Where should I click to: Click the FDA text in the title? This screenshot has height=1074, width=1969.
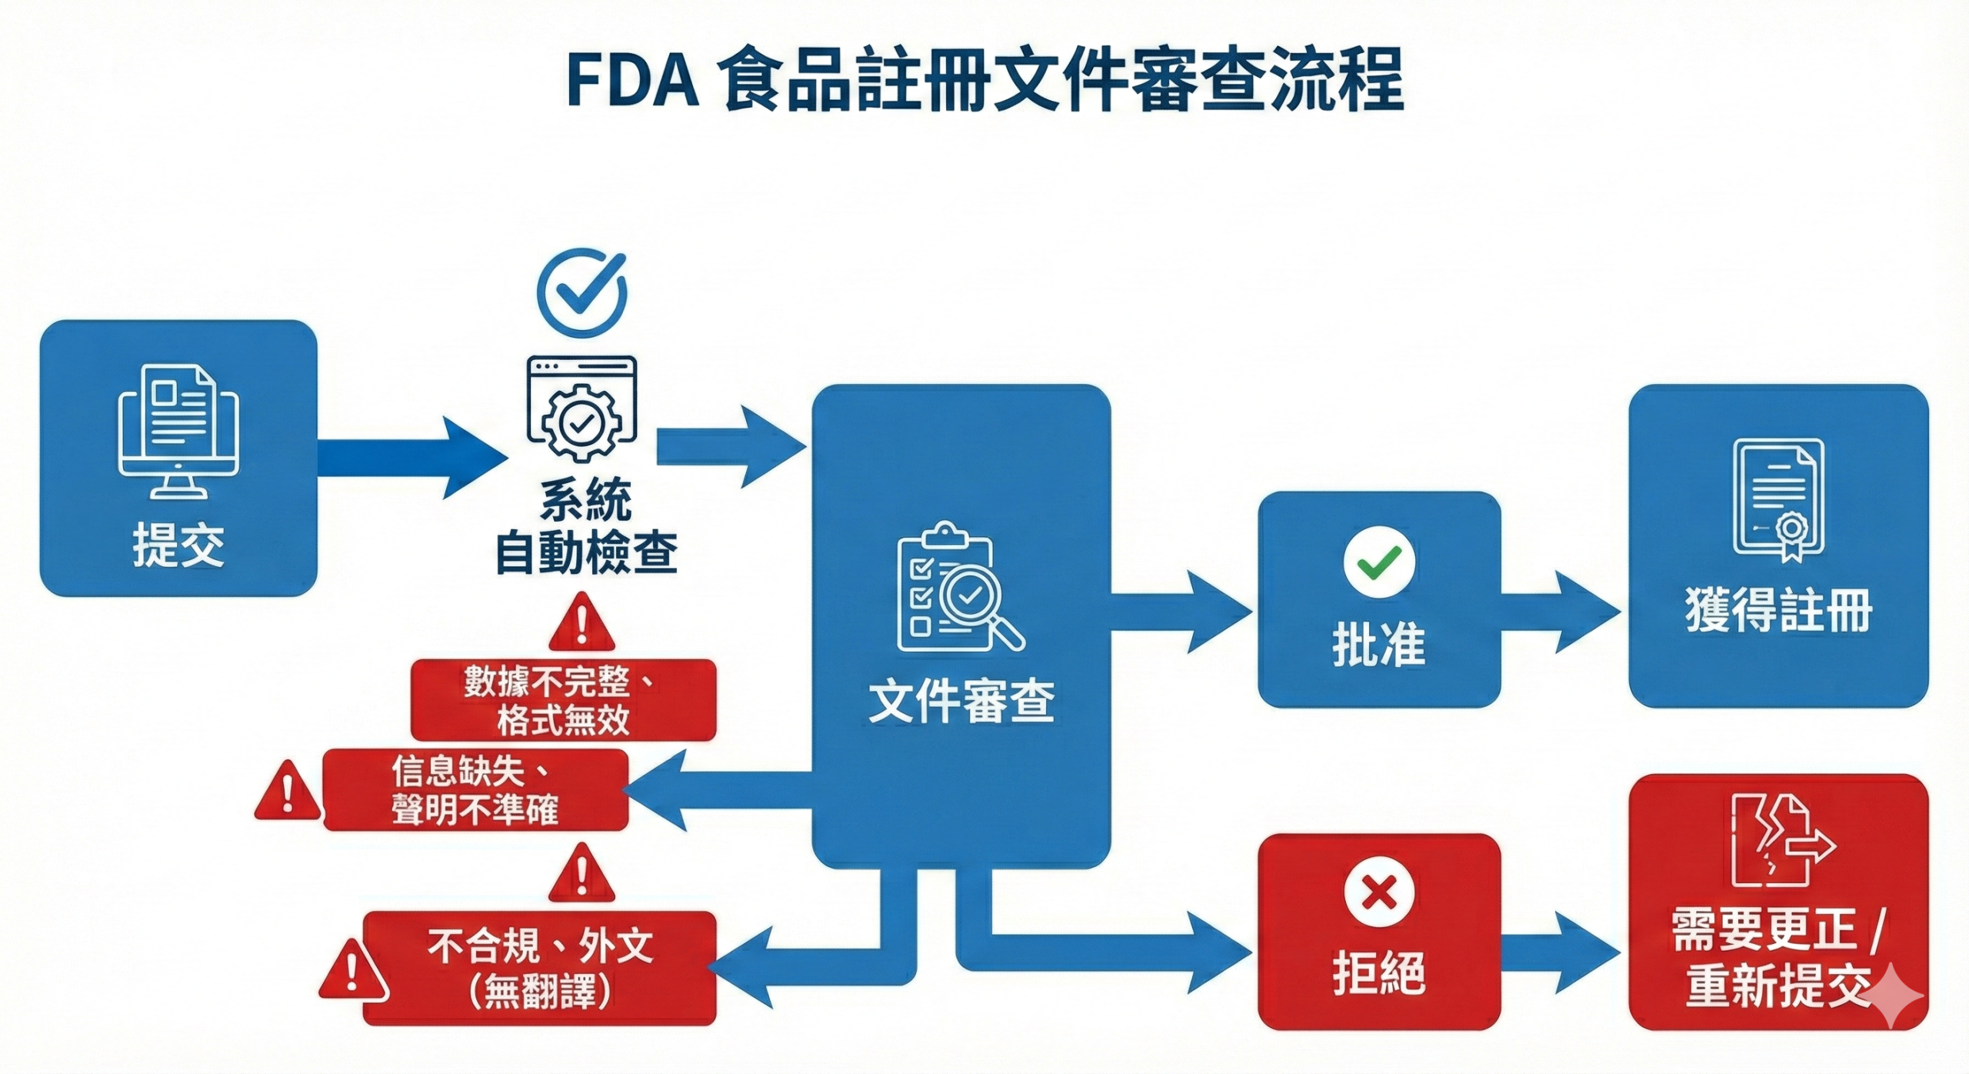click(x=632, y=80)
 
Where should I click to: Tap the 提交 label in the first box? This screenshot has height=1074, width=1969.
click(x=178, y=545)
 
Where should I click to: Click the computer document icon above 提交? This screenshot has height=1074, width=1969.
click(x=178, y=431)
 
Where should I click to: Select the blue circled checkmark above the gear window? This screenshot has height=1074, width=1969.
click(x=582, y=292)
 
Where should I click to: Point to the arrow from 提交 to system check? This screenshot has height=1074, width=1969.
click(x=411, y=458)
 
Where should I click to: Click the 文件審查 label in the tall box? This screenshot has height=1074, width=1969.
click(x=961, y=701)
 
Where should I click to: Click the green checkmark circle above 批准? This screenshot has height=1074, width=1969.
click(x=1378, y=562)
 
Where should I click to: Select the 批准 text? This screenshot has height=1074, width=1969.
click(x=1378, y=644)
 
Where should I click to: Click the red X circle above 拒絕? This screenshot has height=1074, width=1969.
click(x=1378, y=893)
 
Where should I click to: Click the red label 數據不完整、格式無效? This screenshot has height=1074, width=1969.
click(x=563, y=700)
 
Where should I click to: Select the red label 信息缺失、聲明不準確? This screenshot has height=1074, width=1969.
click(x=475, y=790)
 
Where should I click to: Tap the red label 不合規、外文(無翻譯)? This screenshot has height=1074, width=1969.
click(x=539, y=968)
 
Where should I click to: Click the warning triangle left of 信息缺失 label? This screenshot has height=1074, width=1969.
click(x=287, y=792)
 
